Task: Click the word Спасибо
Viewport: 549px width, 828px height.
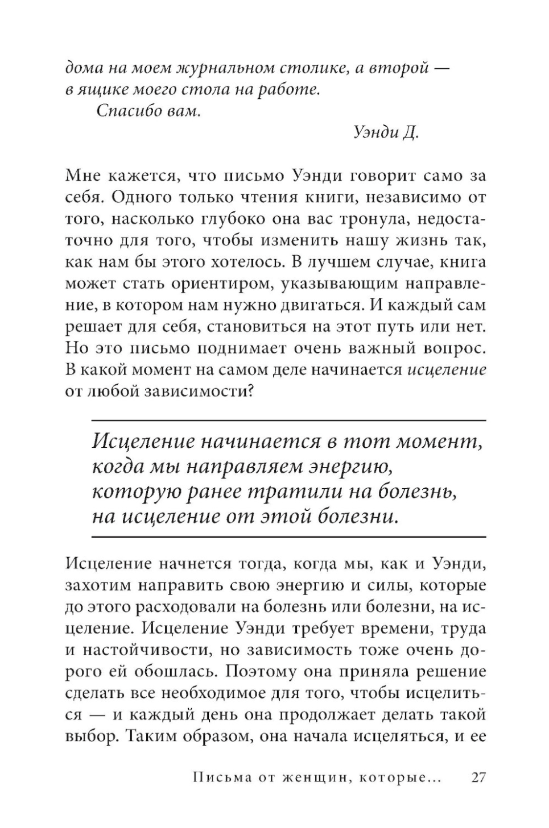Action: coord(125,110)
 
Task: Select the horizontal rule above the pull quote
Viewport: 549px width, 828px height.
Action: coord(289,421)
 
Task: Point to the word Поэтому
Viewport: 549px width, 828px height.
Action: coord(265,671)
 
